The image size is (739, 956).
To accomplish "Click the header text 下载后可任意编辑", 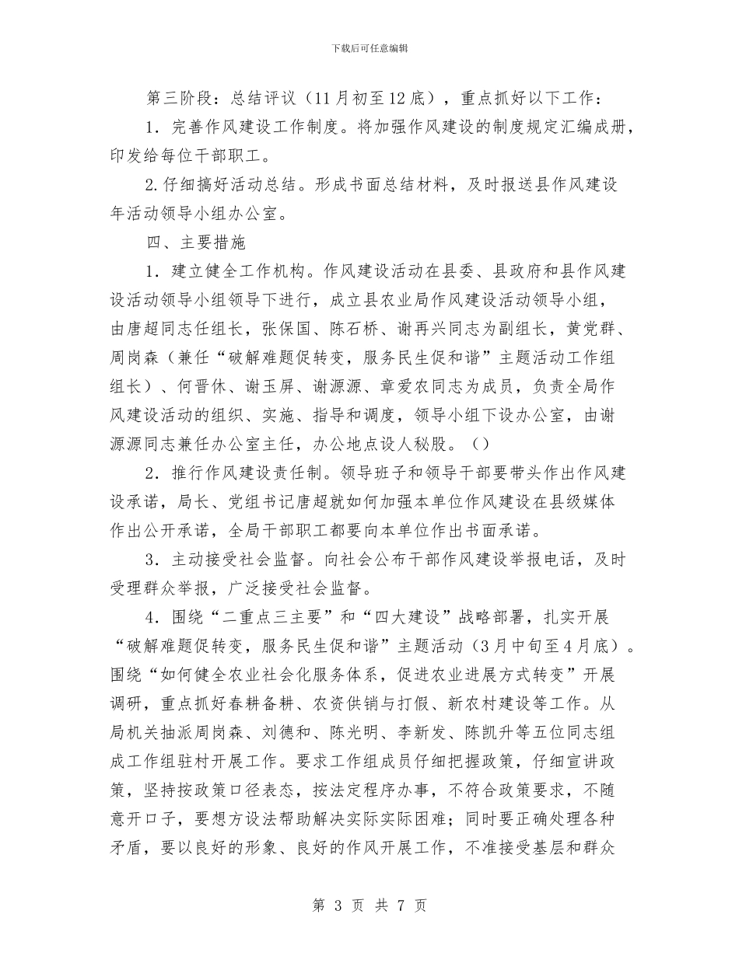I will pos(369,48).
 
